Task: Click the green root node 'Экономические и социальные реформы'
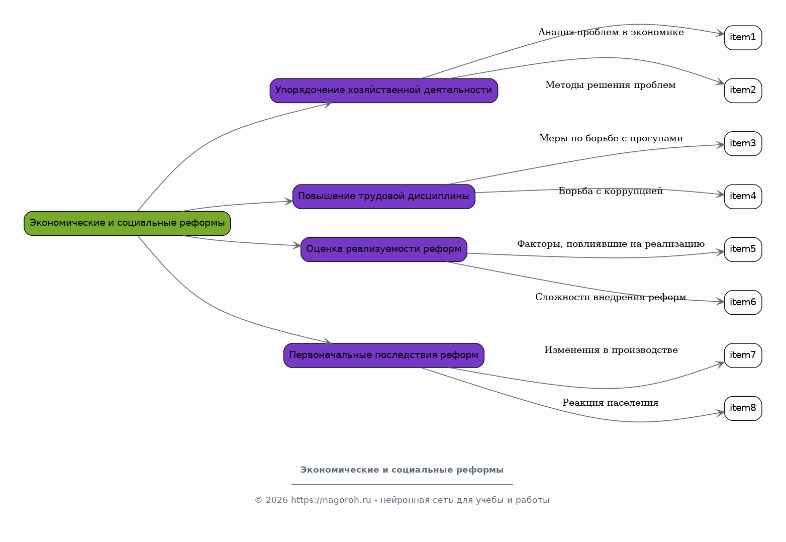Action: click(x=127, y=223)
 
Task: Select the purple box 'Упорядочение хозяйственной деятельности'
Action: click(x=384, y=91)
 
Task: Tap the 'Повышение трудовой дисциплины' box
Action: click(x=384, y=197)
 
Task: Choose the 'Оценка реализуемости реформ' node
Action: click(x=384, y=249)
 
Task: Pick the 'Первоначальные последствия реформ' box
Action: click(x=384, y=355)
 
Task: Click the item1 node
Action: click(x=743, y=38)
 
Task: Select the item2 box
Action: click(x=743, y=91)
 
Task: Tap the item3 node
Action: click(x=743, y=144)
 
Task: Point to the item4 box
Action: click(x=743, y=197)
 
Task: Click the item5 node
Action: click(x=743, y=249)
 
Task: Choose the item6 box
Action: click(x=743, y=303)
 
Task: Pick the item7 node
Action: click(x=743, y=355)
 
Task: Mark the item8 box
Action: click(x=743, y=408)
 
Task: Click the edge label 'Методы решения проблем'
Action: click(x=611, y=85)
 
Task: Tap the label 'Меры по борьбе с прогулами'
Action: click(x=611, y=138)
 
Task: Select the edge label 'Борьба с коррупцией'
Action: click(x=611, y=192)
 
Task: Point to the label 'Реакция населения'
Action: click(x=611, y=403)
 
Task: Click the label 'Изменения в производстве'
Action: click(x=611, y=350)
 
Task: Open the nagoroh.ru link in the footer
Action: click(x=331, y=500)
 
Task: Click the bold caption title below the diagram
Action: click(x=402, y=470)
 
